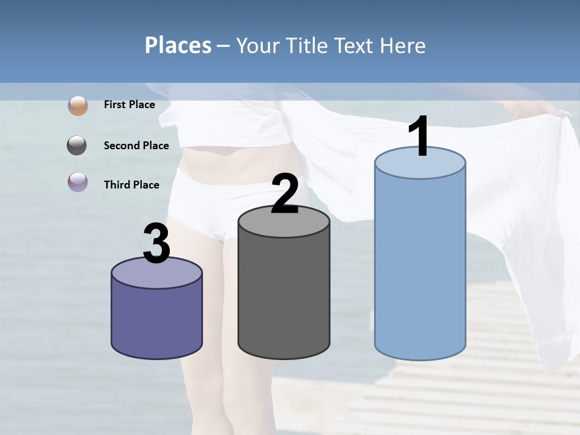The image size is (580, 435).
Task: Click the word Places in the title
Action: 178,45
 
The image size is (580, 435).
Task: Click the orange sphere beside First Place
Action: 78,105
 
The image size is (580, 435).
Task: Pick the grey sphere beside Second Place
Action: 77,146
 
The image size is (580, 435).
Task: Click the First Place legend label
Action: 129,105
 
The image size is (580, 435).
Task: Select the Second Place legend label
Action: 136,146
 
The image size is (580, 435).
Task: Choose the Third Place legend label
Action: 131,185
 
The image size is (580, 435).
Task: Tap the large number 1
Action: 419,137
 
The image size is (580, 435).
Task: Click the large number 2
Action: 285,195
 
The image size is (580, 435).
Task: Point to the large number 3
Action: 157,244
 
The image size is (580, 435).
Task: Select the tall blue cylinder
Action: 420,266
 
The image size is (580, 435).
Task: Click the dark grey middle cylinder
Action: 284,296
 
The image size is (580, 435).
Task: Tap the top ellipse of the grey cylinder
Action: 284,222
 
